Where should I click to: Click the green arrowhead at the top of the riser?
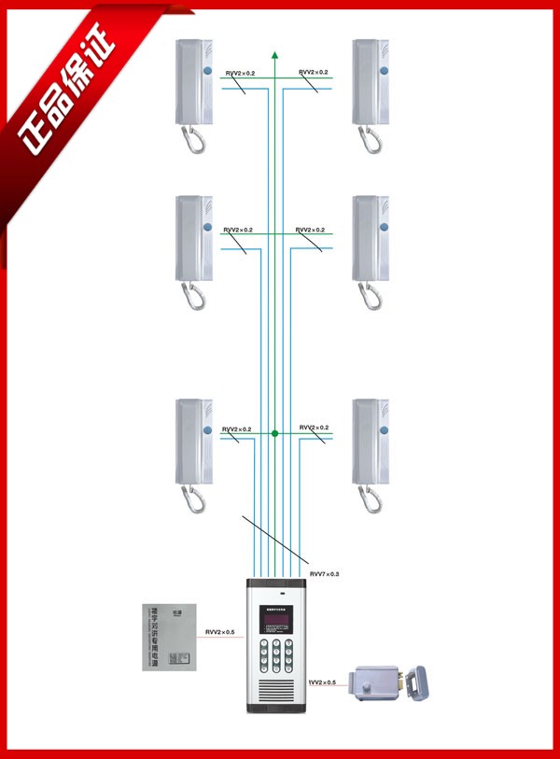point(275,55)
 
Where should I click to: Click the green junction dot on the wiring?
point(275,434)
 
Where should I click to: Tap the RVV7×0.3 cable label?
point(324,573)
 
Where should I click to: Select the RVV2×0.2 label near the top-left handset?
point(240,73)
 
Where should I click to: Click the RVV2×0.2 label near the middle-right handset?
point(311,230)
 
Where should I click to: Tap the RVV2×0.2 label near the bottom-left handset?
point(237,429)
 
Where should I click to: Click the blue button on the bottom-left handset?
point(206,429)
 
